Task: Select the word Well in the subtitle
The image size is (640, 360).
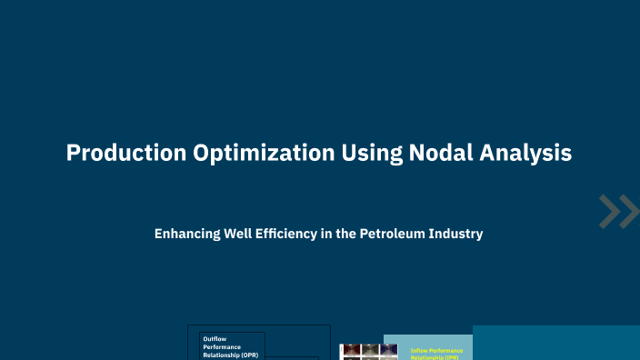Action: [x=236, y=234]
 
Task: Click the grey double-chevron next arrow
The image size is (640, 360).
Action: [x=619, y=212]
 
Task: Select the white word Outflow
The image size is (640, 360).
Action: [x=215, y=339]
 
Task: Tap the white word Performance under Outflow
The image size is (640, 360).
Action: [x=223, y=347]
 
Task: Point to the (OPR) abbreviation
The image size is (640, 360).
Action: [x=249, y=355]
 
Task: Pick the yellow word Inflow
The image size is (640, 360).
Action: [x=420, y=350]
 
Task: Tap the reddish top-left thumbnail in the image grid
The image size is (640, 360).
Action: [x=349, y=350]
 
